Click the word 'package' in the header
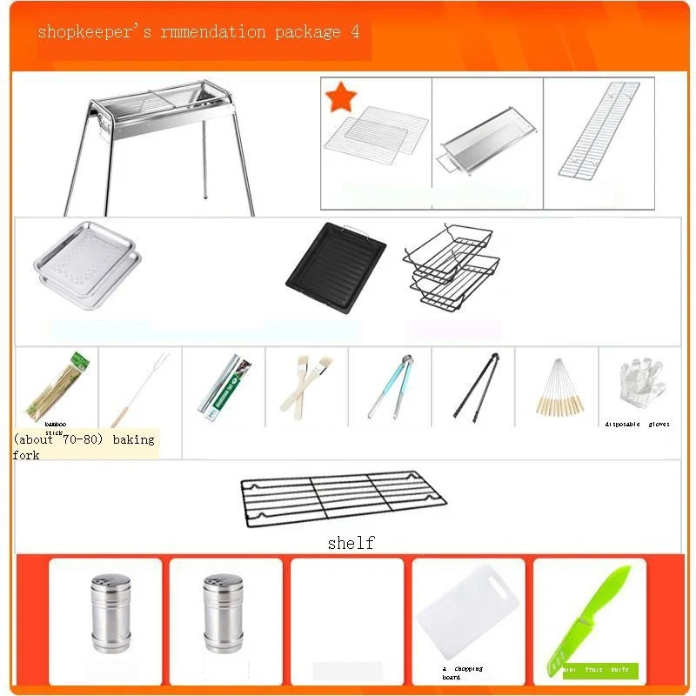[304, 32]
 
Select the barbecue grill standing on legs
[161, 144]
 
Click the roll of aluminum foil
[221, 388]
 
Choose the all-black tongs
[474, 386]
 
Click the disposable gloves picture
[639, 383]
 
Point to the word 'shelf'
[351, 543]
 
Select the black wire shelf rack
[343, 499]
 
